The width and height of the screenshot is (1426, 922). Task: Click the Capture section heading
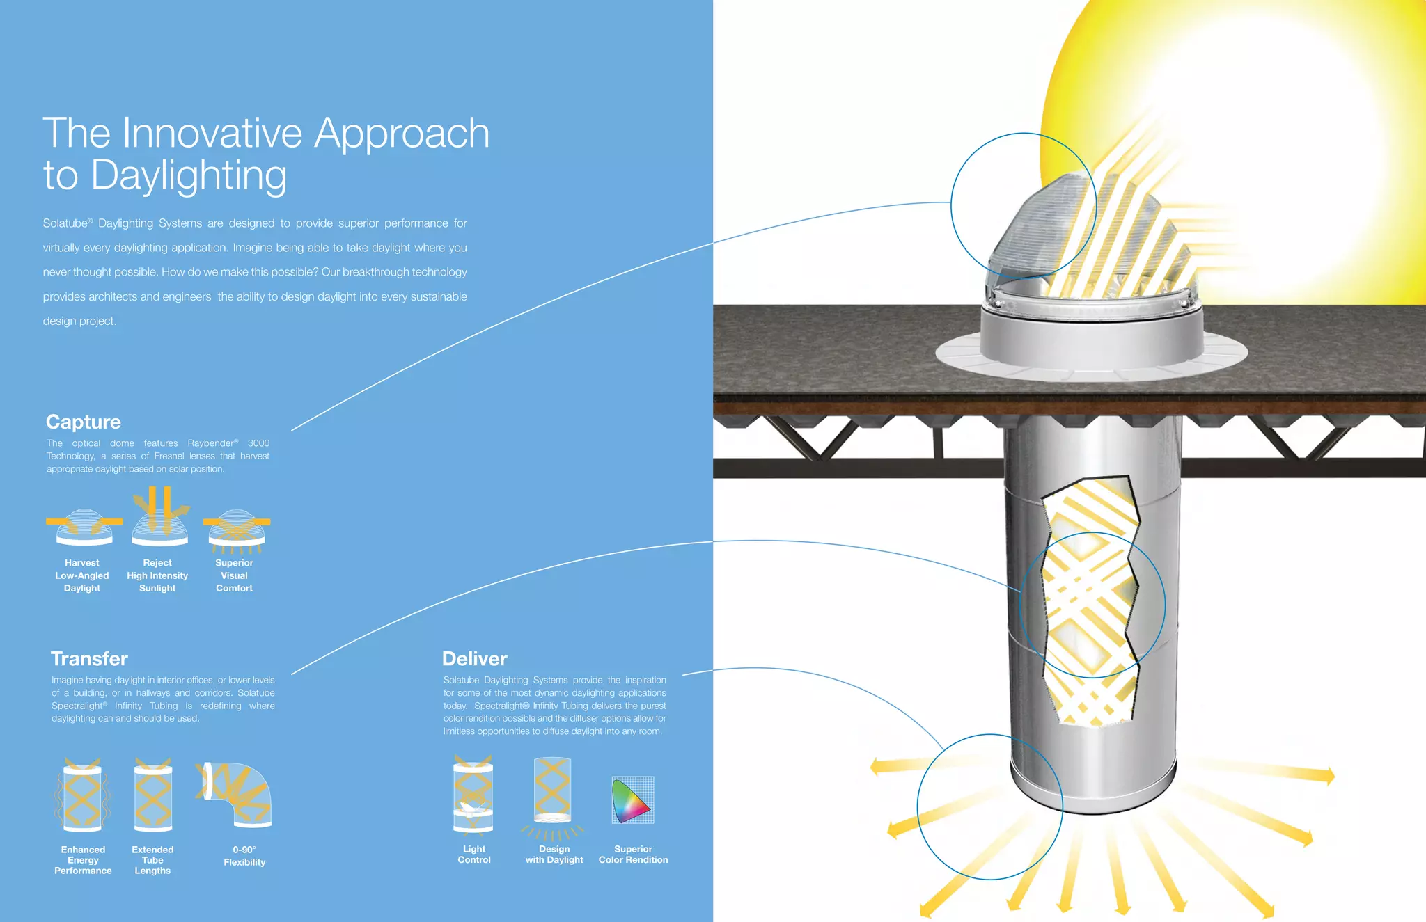click(84, 422)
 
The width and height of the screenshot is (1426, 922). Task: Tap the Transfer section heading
click(89, 658)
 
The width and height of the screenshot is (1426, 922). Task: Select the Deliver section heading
click(475, 658)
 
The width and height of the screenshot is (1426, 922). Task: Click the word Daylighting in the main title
click(189, 175)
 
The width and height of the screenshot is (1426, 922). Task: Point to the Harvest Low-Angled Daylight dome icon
click(84, 527)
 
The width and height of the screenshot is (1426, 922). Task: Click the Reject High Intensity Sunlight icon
click(160, 518)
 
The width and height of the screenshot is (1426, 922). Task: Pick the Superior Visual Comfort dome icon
click(237, 528)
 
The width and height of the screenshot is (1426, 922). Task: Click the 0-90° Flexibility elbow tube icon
click(237, 794)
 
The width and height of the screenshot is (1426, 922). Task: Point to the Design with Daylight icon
click(553, 793)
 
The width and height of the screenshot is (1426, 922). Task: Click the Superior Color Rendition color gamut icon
click(632, 800)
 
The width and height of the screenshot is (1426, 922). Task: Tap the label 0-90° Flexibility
click(244, 856)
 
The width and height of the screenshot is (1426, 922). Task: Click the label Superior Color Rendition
click(633, 855)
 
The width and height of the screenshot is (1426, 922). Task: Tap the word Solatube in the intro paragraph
click(65, 223)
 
